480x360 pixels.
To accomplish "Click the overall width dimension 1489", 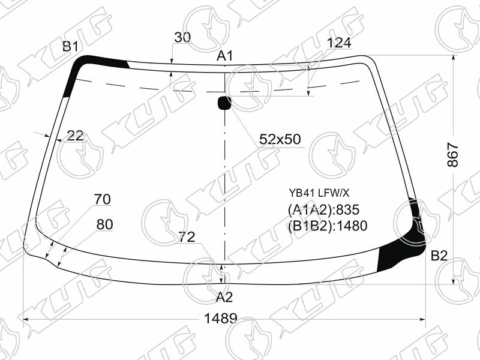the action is [220, 319].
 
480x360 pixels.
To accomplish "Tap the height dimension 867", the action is [453, 155].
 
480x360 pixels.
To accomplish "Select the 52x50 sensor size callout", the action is [280, 139].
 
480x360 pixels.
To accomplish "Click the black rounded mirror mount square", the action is [224, 103].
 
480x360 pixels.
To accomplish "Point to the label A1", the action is [225, 56].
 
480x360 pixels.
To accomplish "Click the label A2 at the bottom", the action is [224, 297].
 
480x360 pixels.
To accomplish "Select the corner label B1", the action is [70, 47].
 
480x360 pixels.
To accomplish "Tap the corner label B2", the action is [439, 256].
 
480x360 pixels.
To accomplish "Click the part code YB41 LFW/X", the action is [319, 193].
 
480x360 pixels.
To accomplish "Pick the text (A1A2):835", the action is [323, 210].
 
